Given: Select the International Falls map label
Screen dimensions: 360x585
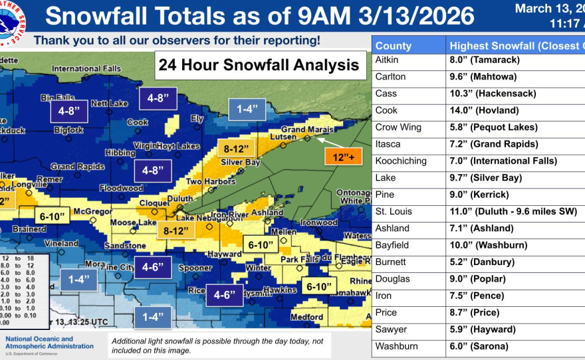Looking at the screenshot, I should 86,68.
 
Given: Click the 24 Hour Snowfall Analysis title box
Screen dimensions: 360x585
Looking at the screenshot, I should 259,65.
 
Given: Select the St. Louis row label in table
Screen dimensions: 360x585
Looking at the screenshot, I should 394,211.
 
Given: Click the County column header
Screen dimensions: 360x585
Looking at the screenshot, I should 394,46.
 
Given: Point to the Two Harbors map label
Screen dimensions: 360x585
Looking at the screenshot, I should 208,181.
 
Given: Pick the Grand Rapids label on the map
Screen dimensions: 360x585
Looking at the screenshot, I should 78,166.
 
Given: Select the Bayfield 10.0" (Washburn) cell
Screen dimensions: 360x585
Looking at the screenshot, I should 489,245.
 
